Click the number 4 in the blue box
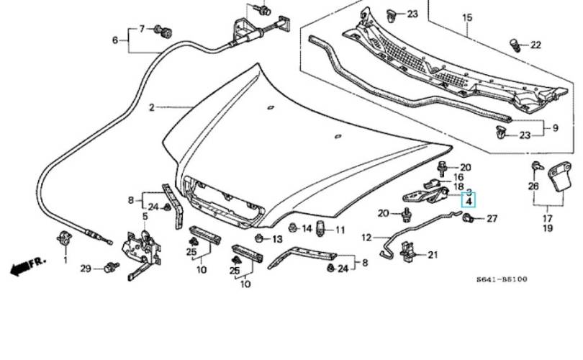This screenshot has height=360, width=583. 469,202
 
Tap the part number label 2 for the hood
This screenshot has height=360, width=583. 152,107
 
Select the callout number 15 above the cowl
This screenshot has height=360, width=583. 467,17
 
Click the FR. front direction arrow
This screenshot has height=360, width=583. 28,265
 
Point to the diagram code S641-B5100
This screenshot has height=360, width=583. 502,279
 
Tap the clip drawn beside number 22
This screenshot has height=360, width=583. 515,45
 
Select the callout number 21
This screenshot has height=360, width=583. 433,255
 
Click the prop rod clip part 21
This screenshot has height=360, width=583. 407,251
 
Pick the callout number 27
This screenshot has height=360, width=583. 492,218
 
